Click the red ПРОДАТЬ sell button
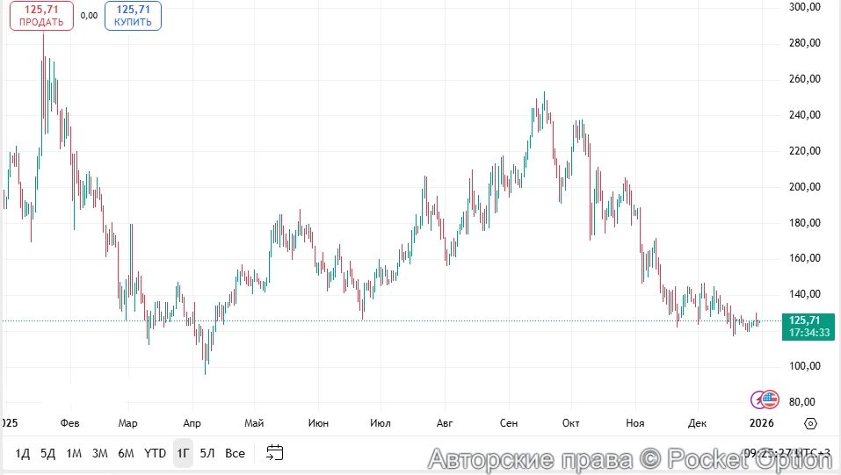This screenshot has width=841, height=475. click(41, 16)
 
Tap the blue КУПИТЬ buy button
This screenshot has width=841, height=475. click(133, 16)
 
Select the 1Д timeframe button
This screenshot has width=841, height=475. click(23, 453)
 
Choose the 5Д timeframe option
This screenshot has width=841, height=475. click(48, 453)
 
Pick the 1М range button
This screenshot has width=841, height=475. click(74, 453)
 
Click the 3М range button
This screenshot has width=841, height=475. click(100, 453)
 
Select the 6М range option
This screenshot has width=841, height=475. click(126, 453)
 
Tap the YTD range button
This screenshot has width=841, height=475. click(155, 453)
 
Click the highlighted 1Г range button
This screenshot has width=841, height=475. click(183, 453)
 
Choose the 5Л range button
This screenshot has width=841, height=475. click(207, 453)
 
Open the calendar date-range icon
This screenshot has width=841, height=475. click(275, 453)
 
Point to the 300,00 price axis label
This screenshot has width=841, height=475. click(804, 7)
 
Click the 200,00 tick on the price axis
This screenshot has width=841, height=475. click(804, 187)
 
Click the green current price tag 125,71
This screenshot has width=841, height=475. click(809, 327)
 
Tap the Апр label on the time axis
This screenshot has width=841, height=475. click(191, 423)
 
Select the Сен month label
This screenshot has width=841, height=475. click(509, 423)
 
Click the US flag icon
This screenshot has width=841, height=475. click(770, 399)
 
